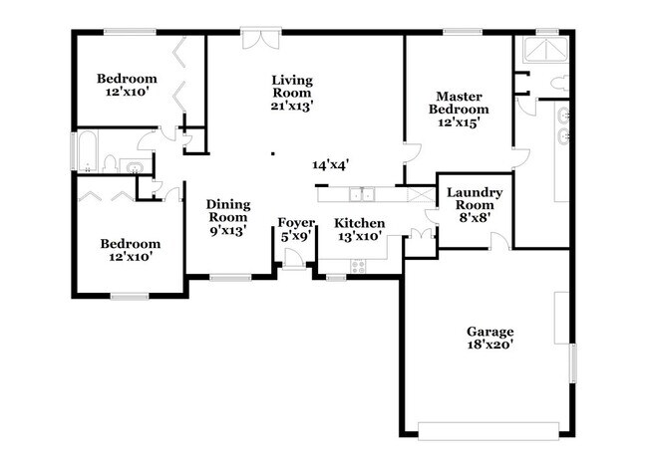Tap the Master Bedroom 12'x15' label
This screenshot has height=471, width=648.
(x=459, y=109)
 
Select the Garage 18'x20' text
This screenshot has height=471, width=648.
(x=489, y=339)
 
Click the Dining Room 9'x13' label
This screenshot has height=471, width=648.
(x=227, y=216)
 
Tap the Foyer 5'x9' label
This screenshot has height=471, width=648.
(x=296, y=229)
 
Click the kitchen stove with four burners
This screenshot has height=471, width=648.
(x=358, y=266)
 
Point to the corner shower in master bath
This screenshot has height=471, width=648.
(x=545, y=51)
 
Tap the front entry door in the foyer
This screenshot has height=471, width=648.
(x=293, y=260)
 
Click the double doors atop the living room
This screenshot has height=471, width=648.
(x=257, y=39)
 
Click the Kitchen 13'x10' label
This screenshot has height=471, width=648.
(x=359, y=229)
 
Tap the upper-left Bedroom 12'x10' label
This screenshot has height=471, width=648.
(x=127, y=86)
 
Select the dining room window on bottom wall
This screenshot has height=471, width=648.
(x=229, y=277)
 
